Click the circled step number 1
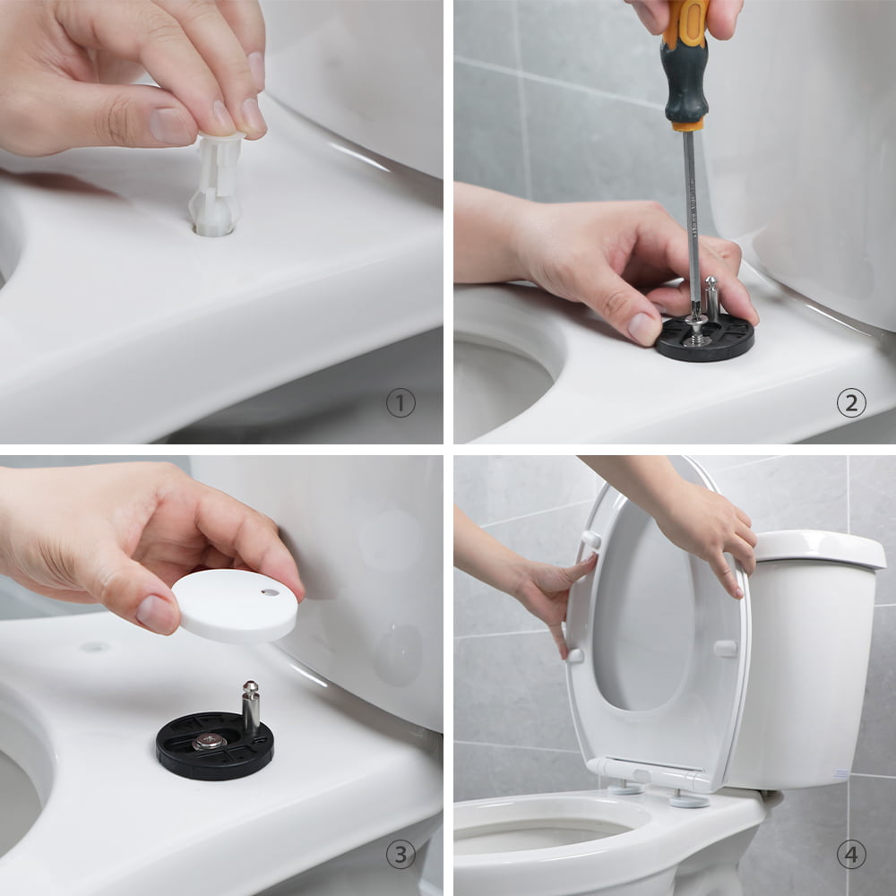(x=401, y=403)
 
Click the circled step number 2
(x=851, y=403)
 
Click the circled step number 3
(x=401, y=854)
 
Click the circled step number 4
(x=851, y=854)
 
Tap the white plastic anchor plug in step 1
(x=217, y=185)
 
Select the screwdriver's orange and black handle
(x=685, y=63)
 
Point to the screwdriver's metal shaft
(x=693, y=223)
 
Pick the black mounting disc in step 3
(x=215, y=745)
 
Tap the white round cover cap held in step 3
(x=235, y=606)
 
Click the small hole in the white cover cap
(x=270, y=592)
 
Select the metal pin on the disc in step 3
(x=250, y=706)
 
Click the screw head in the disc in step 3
(x=209, y=741)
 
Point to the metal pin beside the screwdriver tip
(x=711, y=298)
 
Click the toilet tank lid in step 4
(x=820, y=548)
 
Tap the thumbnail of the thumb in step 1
(x=170, y=125)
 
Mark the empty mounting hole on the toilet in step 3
(x=95, y=647)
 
